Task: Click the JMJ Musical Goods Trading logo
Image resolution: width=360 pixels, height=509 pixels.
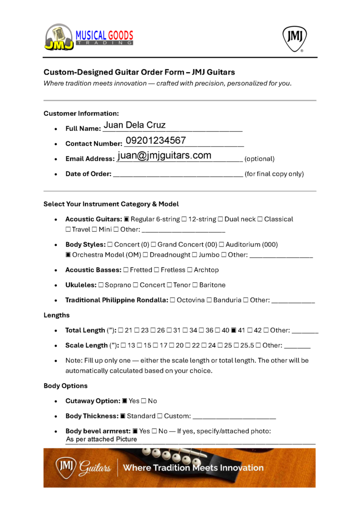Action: [89, 37]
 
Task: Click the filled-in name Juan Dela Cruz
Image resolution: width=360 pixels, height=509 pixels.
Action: [134, 125]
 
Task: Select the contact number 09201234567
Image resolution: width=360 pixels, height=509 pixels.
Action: [156, 140]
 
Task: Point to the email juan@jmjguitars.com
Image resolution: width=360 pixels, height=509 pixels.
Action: [164, 155]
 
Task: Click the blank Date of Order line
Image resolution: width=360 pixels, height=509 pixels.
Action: [178, 174]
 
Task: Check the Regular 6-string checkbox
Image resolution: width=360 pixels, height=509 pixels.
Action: [127, 219]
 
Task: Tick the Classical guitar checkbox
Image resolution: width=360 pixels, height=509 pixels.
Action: [260, 219]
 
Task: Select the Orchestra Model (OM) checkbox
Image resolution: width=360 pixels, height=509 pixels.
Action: [68, 255]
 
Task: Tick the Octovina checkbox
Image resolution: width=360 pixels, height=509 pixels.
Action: [173, 300]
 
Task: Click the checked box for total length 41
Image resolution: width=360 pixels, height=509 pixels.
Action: [234, 331]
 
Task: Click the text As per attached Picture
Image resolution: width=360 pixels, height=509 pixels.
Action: [101, 439]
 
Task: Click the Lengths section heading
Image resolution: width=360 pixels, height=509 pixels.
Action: [57, 315]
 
